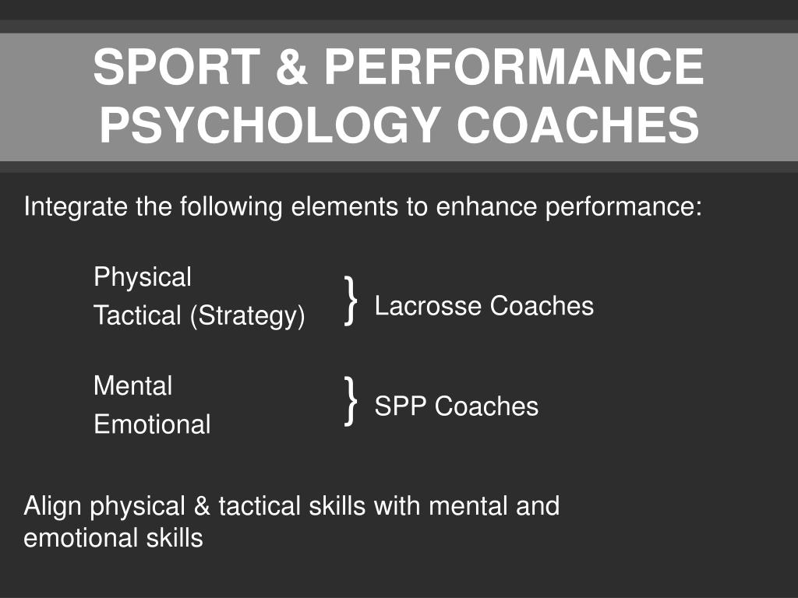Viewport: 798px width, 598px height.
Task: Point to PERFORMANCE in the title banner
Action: [514, 68]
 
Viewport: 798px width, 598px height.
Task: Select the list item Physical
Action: [142, 277]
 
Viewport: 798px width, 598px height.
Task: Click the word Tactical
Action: [136, 316]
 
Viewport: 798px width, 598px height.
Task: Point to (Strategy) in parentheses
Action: [246, 316]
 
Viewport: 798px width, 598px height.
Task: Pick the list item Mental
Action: [132, 386]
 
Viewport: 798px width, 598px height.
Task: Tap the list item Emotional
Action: [152, 425]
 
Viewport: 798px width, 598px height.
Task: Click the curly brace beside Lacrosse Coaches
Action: [351, 300]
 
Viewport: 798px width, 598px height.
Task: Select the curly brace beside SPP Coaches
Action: [351, 401]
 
